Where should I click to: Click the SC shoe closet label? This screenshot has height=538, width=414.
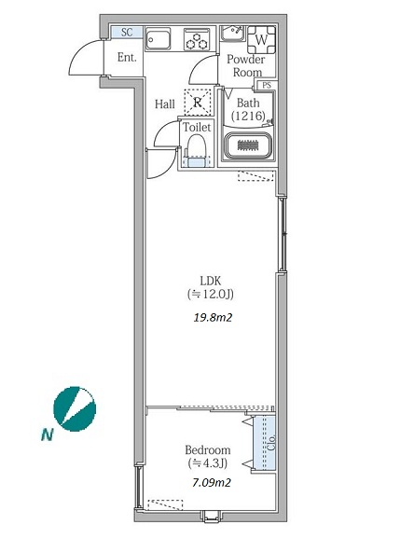(127, 33)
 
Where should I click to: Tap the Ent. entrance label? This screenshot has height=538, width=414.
(127, 57)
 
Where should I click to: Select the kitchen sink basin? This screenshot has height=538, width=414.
(159, 39)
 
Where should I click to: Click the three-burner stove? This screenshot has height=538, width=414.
(197, 39)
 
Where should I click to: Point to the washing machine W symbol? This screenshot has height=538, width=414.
(262, 40)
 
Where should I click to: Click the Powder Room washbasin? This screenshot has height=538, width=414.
(232, 34)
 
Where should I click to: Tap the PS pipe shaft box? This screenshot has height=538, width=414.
(267, 85)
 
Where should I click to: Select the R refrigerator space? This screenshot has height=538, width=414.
(198, 102)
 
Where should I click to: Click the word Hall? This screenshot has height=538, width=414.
(165, 103)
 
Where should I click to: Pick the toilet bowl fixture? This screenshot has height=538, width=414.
(196, 150)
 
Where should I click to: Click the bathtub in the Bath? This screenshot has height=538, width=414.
(248, 145)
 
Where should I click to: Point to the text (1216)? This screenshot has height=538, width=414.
(248, 116)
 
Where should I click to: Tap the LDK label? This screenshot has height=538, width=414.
(211, 281)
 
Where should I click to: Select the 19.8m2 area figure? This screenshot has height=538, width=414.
(213, 318)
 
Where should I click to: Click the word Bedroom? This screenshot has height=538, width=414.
(208, 449)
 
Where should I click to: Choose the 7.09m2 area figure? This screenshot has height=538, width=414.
(212, 483)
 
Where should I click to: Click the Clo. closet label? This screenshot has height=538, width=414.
(271, 443)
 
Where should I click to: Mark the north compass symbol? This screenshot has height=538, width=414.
(75, 408)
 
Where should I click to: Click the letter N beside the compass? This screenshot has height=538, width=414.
(47, 435)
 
